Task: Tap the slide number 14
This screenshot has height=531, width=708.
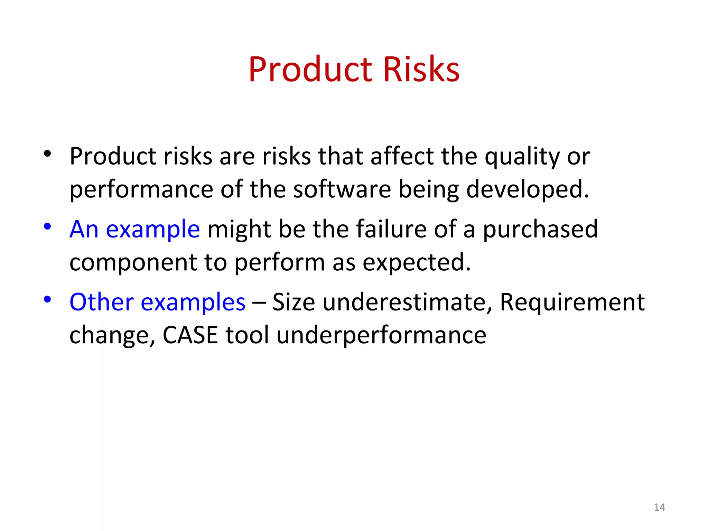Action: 659,507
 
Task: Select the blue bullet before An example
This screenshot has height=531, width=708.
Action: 47,227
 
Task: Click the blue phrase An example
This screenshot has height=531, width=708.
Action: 134,229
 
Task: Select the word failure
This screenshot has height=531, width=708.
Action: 391,229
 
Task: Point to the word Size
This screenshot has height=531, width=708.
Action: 294,302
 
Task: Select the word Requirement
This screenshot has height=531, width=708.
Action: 572,302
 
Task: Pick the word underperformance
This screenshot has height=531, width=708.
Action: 381,335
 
